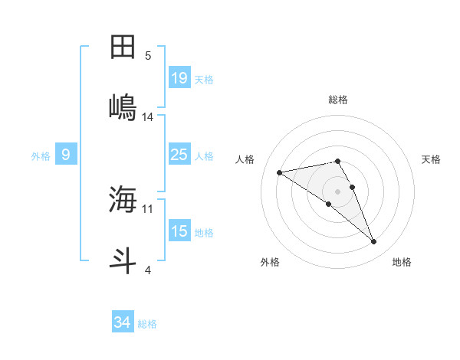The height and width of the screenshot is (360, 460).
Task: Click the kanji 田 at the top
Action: [123, 47]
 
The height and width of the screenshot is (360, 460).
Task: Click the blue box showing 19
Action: [179, 77]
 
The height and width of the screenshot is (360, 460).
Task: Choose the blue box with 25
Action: [179, 155]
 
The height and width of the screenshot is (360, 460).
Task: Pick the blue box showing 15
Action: [179, 231]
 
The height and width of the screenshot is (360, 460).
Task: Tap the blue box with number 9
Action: [66, 155]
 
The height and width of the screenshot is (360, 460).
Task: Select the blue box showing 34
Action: [122, 322]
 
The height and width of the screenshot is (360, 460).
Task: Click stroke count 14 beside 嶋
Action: [148, 117]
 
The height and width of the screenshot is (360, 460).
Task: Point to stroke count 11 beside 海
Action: [148, 208]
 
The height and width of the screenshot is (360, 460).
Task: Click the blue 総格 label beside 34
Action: [147, 324]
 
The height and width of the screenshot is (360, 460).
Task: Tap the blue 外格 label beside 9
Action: [41, 155]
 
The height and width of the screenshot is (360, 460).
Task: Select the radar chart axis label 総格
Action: [337, 100]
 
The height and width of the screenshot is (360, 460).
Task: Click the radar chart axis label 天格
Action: [431, 159]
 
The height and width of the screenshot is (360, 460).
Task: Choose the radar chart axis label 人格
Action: [246, 159]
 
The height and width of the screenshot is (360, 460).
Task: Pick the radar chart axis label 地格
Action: [402, 262]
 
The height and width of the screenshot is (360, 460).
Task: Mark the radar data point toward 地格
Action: [373, 242]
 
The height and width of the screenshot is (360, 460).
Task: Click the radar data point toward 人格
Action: [280, 172]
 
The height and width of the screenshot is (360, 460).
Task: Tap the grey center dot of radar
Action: [337, 191]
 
